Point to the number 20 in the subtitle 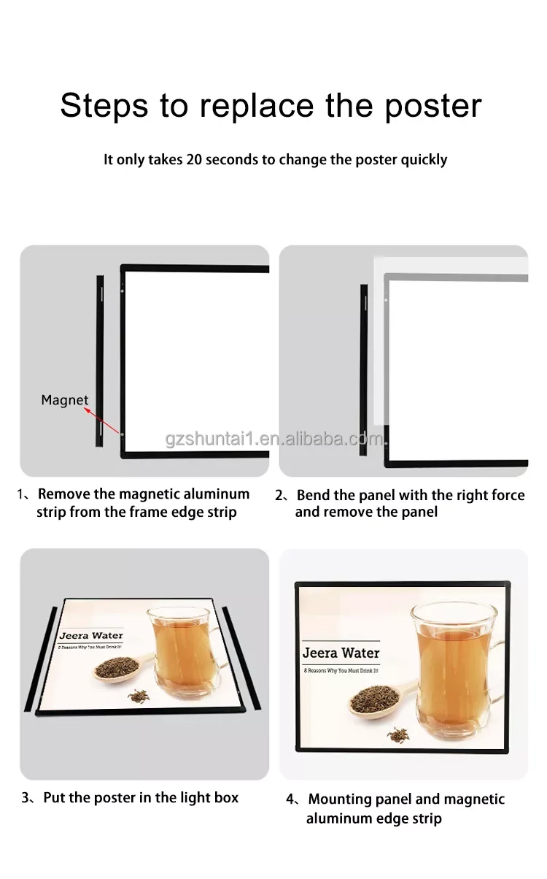194,159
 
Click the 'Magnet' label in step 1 65,400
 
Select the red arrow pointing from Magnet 104,422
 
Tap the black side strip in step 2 363,369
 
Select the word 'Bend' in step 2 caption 314,495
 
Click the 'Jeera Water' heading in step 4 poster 341,653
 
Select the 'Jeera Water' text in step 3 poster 91,635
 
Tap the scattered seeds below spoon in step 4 398,734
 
